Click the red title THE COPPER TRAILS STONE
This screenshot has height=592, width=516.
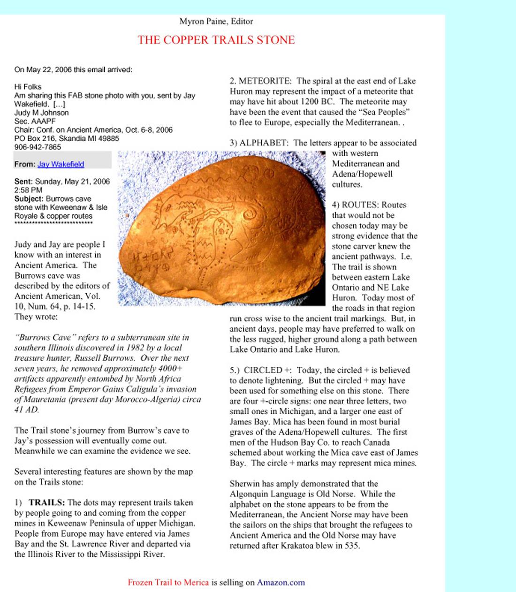(216, 40)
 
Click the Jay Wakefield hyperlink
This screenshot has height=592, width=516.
(61, 164)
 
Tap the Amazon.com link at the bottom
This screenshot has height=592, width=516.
(281, 583)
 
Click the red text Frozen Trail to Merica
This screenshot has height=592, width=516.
(168, 583)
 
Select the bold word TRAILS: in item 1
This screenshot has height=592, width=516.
(46, 503)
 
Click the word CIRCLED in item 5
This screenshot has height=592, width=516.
(263, 370)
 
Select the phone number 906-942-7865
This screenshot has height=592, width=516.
(38, 147)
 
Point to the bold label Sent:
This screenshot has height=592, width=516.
(23, 182)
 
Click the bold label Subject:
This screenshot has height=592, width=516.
(29, 199)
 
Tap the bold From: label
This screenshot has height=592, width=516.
(25, 164)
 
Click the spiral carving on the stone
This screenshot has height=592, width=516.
(250, 214)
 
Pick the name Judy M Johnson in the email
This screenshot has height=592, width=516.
(41, 113)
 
